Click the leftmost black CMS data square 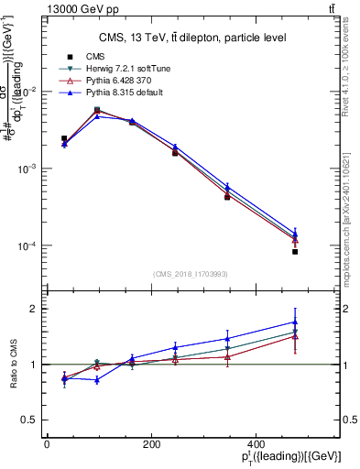[x=64, y=138]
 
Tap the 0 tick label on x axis [x=47, y=444]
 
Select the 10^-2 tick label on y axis [x=27, y=92]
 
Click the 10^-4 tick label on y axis [x=27, y=246]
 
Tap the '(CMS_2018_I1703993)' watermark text [x=191, y=273]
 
